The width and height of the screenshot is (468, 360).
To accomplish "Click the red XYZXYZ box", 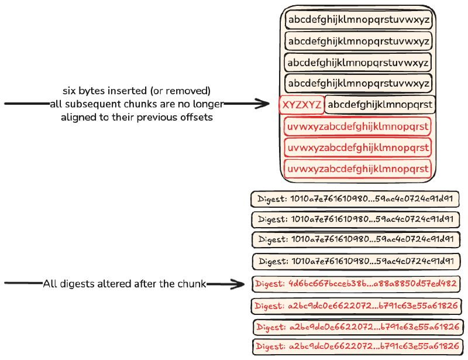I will [x=301, y=105].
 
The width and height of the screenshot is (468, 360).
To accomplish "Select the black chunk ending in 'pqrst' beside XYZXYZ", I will [x=380, y=105].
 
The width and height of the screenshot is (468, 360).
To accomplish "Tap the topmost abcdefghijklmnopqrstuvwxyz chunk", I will [x=359, y=19].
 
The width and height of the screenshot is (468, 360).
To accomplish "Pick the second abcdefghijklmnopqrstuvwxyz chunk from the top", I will [x=359, y=41].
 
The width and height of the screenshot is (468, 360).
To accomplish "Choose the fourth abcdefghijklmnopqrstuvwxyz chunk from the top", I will [x=359, y=83].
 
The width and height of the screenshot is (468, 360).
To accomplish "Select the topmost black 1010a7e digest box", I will [x=356, y=199].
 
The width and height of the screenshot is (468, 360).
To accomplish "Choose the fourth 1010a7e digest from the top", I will [x=357, y=261].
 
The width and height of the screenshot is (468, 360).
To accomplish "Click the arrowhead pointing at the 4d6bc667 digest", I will [x=238, y=284].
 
